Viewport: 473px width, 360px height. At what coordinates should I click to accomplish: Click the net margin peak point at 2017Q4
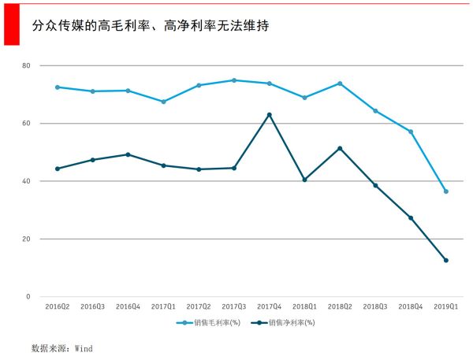(270, 115)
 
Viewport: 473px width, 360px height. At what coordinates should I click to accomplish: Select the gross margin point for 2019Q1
(446, 191)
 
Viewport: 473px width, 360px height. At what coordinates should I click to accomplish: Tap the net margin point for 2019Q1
(446, 260)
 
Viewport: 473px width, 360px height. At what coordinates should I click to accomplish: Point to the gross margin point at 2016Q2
(58, 87)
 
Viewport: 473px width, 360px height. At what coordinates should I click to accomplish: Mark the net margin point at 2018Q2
(340, 148)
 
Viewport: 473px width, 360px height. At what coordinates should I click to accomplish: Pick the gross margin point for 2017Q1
(163, 102)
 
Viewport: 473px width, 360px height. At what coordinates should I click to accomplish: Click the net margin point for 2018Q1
(304, 180)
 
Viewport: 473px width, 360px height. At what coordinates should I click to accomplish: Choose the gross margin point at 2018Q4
(411, 132)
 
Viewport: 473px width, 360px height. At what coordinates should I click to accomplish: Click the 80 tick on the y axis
(25, 65)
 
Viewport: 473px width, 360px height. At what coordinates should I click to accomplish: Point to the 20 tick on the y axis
(25, 239)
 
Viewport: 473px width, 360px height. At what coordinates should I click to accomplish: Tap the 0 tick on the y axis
(28, 297)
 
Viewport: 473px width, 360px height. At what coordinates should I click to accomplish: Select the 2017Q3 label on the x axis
(234, 306)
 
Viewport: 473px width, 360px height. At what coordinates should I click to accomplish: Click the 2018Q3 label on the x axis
(375, 306)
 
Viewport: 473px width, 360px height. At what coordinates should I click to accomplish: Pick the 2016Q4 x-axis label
(128, 306)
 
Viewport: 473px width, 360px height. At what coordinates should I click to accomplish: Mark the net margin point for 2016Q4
(128, 154)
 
